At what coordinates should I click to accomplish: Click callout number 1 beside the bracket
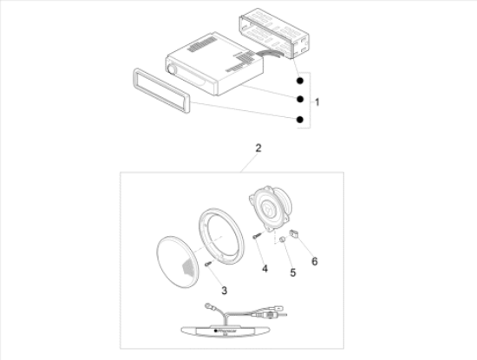pyautogui.click(x=318, y=101)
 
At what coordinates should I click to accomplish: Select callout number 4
pyautogui.click(x=264, y=269)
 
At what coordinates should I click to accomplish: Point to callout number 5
pyautogui.click(x=292, y=272)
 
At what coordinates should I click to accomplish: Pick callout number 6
pyautogui.click(x=314, y=260)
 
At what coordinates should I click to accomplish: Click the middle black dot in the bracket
pyautogui.click(x=298, y=98)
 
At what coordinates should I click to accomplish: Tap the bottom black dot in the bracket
pyautogui.click(x=298, y=119)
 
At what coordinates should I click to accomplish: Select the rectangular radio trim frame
pyautogui.click(x=165, y=88)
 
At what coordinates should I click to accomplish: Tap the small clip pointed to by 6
pyautogui.click(x=296, y=232)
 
